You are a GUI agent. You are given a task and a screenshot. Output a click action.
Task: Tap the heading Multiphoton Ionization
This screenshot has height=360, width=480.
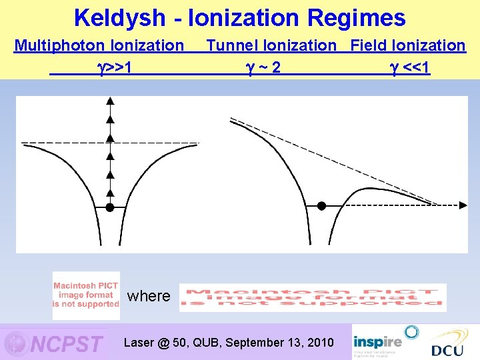tap(99, 45)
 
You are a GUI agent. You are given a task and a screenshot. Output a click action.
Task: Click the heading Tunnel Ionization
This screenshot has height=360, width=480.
tap(271, 45)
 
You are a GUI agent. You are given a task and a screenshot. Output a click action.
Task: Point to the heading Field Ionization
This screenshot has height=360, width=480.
tap(408, 45)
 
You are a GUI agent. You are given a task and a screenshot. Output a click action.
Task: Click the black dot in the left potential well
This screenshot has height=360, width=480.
tap(110, 207)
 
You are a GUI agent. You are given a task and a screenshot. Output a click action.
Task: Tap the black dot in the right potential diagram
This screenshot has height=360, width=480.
tap(321, 206)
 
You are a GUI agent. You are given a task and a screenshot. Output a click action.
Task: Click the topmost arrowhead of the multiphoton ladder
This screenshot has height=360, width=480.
tap(110, 101)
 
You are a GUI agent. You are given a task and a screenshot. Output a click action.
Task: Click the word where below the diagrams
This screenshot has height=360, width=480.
tap(149, 296)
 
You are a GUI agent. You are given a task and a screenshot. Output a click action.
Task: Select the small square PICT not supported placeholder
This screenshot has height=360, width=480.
tap(86, 295)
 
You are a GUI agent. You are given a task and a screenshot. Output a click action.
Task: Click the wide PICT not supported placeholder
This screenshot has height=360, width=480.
tap(313, 297)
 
